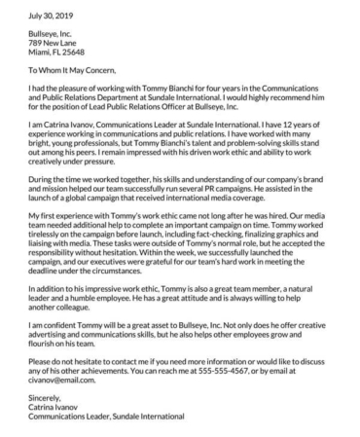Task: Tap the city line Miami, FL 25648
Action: [x=57, y=55]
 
